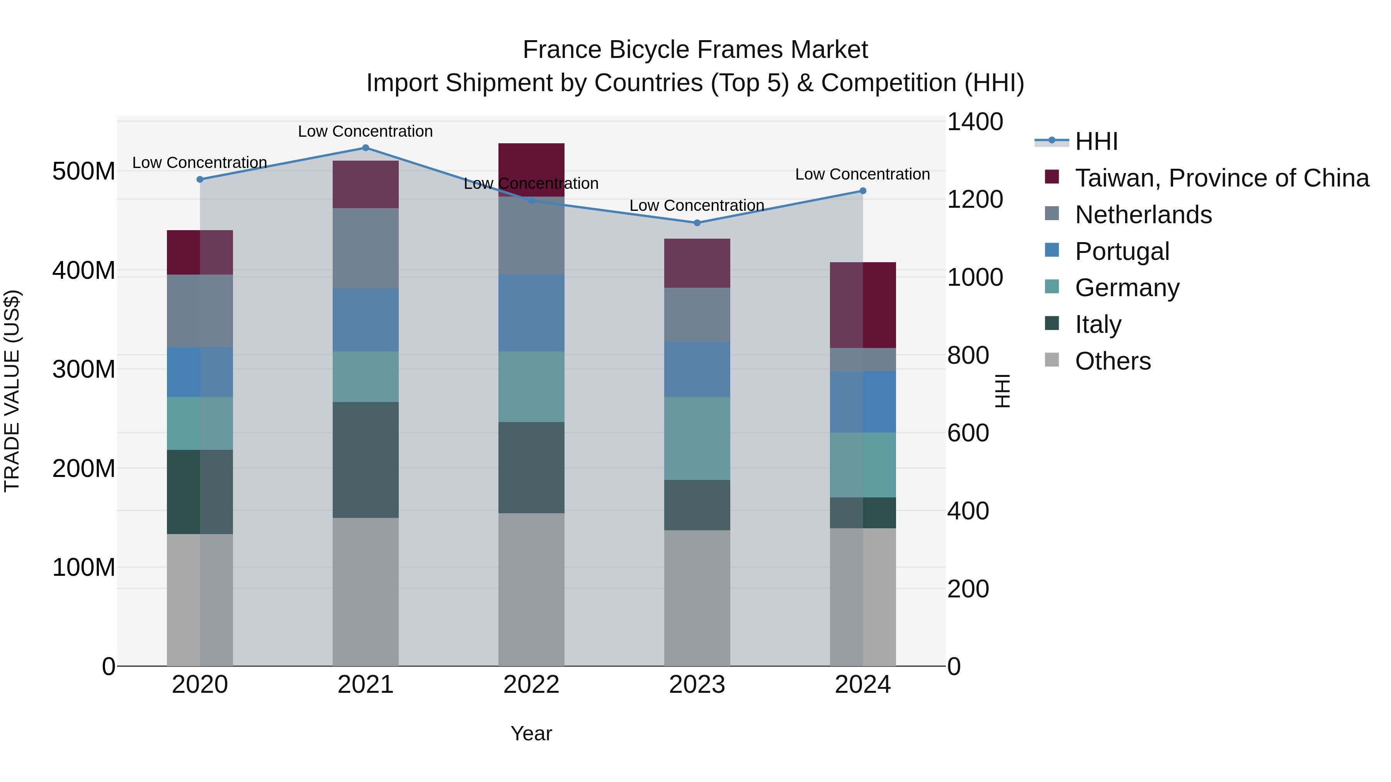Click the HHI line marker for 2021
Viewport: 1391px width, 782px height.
pos(366,148)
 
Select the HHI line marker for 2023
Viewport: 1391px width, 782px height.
pos(697,223)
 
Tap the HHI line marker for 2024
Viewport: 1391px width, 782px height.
pos(862,191)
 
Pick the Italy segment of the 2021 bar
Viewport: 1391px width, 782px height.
pos(366,460)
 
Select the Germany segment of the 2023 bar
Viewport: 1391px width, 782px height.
pos(697,438)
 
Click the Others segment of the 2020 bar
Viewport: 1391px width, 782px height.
pos(200,600)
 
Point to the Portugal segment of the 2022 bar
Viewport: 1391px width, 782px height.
pos(531,313)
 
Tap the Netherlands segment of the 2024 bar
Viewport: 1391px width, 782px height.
pos(862,360)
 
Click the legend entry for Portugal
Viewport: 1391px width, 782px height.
pos(1122,251)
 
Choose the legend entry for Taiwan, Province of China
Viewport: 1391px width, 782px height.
pos(1221,178)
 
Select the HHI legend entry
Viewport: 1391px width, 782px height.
pos(1096,141)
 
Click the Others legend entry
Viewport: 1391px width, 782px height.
pos(1112,361)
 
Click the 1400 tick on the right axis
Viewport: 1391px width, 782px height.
pos(975,122)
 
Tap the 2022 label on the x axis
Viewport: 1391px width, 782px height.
pos(531,685)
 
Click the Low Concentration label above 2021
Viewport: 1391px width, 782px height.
pos(366,131)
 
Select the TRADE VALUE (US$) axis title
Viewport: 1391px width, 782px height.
pos(12,391)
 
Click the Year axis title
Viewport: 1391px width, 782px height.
pos(531,733)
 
